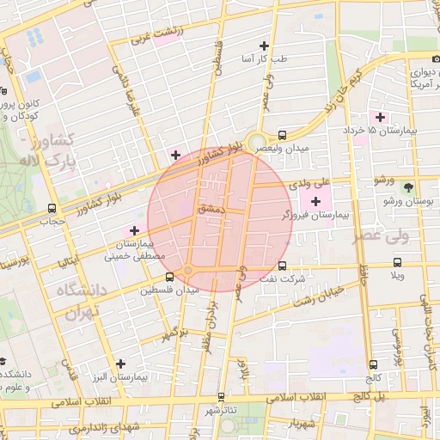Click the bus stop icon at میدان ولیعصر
click(x=282, y=135)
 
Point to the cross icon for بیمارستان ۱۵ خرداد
click(x=378, y=117)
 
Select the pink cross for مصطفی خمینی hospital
click(x=133, y=229)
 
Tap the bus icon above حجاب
click(x=53, y=208)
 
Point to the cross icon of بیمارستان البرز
click(x=120, y=364)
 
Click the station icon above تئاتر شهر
click(x=221, y=397)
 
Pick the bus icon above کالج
click(x=372, y=364)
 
